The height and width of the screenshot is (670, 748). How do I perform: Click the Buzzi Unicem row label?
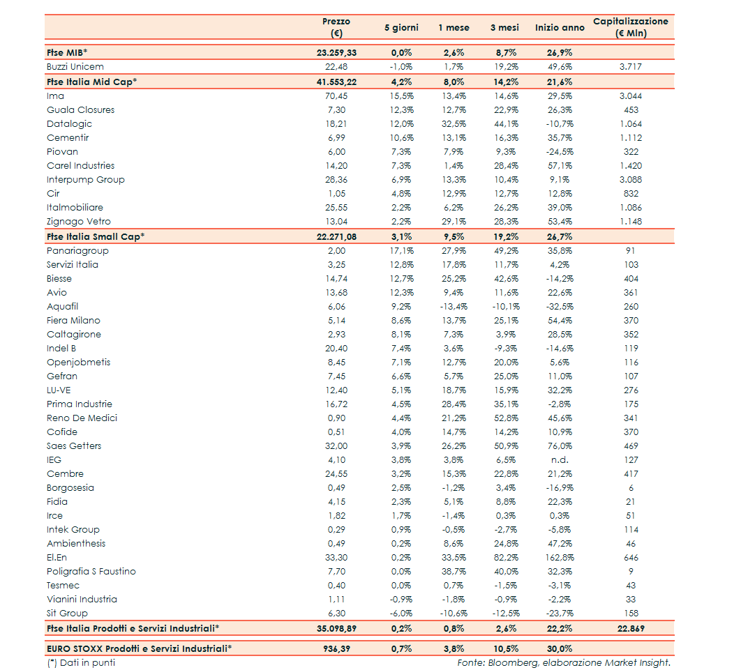[75, 67]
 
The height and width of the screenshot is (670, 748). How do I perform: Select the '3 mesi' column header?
[503, 28]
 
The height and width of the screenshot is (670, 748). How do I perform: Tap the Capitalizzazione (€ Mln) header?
[631, 27]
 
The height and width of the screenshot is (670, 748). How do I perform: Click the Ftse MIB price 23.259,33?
[336, 52]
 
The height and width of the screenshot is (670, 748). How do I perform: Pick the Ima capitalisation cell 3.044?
[630, 96]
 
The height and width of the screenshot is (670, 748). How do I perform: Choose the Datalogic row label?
[69, 124]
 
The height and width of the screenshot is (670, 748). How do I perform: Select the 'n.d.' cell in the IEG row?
[559, 460]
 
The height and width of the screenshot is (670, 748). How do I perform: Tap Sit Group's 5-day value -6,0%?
[401, 614]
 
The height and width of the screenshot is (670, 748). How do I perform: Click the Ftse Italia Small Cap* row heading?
[96, 236]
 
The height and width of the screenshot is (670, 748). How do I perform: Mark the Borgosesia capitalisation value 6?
[631, 488]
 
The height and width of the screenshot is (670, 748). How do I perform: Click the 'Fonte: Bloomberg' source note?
[564, 663]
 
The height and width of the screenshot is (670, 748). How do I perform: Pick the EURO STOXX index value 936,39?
[336, 648]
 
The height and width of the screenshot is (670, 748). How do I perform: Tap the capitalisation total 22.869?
[630, 629]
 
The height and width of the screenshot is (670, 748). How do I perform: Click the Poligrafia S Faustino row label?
[91, 572]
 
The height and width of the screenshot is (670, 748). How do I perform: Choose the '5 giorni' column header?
[401, 28]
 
